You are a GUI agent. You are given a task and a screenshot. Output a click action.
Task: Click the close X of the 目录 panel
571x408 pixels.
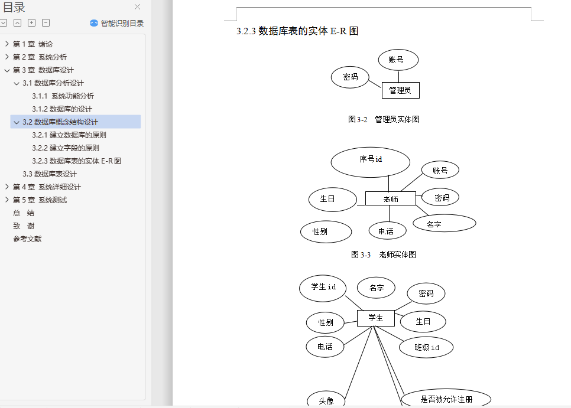tap(138, 7)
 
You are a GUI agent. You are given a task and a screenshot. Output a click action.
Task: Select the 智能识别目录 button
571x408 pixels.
tap(117, 24)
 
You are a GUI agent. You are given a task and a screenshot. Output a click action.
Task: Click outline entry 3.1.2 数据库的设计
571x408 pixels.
tap(62, 109)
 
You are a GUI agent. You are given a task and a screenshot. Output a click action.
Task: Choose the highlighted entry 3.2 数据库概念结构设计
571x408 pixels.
tap(60, 122)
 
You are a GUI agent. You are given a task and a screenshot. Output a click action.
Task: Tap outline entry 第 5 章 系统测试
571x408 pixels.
tap(40, 200)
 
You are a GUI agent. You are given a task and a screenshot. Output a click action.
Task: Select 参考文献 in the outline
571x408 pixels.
tap(27, 239)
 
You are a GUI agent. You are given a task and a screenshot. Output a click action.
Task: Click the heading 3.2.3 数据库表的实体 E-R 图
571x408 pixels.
tap(297, 31)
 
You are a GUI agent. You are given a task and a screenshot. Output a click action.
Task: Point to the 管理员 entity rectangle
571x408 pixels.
tap(400, 90)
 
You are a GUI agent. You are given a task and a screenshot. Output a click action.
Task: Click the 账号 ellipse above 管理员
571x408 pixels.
tap(398, 60)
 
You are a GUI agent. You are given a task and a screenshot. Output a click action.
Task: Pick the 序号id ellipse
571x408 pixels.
tap(371, 162)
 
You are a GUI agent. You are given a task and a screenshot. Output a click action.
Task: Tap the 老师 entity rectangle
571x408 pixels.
tap(390, 199)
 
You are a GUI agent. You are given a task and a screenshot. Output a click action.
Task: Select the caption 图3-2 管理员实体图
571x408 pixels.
tap(384, 119)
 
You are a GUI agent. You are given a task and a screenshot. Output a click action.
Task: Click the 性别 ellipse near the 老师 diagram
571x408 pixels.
tap(326, 231)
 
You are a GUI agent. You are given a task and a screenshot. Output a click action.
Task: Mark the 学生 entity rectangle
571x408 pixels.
tap(375, 318)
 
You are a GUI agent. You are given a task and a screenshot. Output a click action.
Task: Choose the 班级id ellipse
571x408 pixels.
tap(426, 347)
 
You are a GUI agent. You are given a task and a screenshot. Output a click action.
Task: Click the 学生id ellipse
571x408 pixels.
tap(323, 287)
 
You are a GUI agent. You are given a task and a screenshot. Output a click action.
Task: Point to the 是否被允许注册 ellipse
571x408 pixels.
tap(446, 399)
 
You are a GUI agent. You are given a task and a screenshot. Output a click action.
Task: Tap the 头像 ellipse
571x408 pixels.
tap(326, 401)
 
